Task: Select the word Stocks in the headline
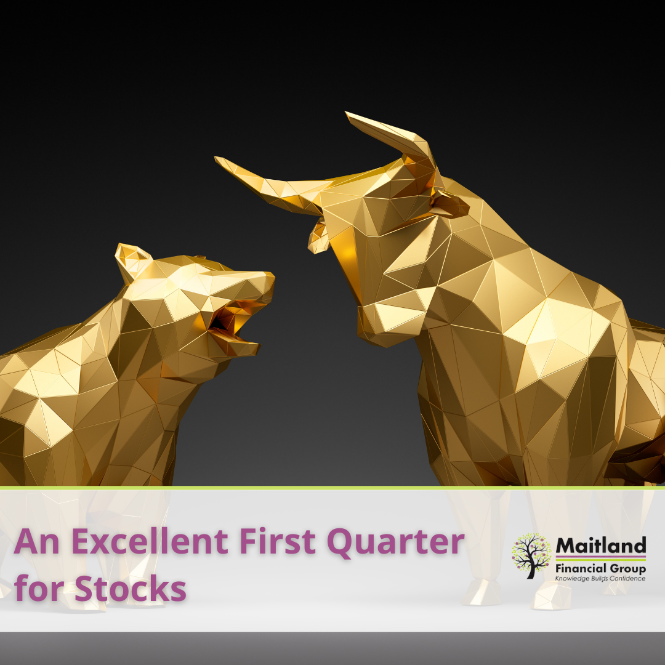click(x=130, y=588)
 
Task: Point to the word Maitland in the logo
click(x=600, y=545)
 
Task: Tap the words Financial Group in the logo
click(x=600, y=568)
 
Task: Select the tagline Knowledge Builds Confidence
click(x=600, y=578)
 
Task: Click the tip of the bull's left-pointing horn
click(x=216, y=158)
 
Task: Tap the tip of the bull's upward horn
click(x=347, y=113)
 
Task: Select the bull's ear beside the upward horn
click(x=449, y=205)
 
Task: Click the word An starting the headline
click(x=36, y=541)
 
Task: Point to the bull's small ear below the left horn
click(x=318, y=238)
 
